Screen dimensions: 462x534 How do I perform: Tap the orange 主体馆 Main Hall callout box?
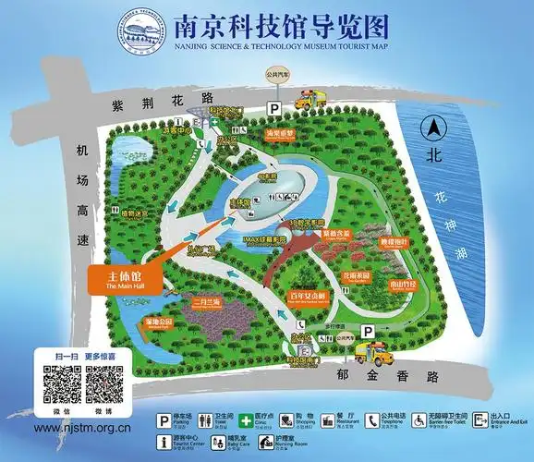tap(120, 280)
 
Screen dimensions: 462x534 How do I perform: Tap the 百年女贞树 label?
tap(309, 297)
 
